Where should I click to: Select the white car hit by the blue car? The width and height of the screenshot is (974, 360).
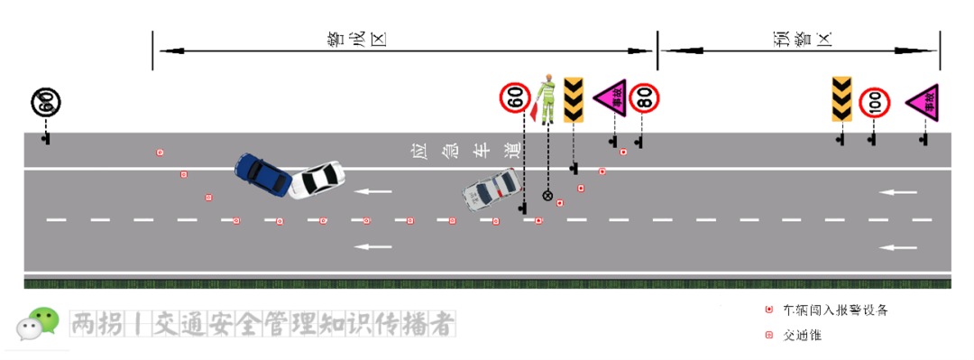coord(317,179)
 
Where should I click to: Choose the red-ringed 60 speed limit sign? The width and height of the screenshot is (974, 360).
coord(515,97)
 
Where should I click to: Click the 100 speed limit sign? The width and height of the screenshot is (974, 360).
coord(874,103)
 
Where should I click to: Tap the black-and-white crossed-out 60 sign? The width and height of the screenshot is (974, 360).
coord(46,103)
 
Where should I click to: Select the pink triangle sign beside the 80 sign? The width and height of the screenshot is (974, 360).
coord(611,97)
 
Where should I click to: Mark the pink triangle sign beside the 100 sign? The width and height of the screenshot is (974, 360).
coord(924,102)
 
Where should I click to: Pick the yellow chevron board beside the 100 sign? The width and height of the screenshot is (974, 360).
coord(841,99)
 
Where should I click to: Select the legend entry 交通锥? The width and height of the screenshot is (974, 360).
coord(801,335)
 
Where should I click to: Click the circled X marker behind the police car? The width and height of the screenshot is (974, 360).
coord(547,195)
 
